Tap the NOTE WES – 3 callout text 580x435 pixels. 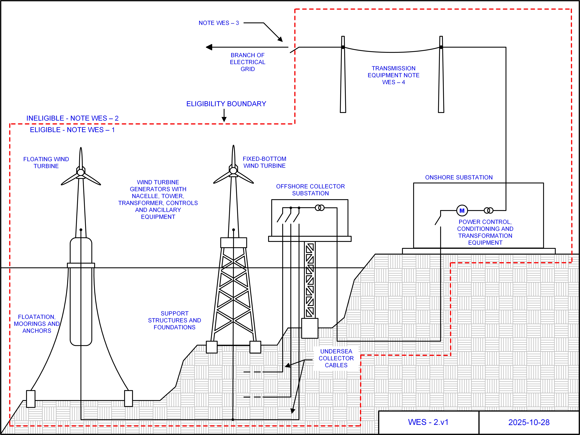click(x=219, y=23)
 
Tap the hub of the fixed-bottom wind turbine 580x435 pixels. click(x=233, y=171)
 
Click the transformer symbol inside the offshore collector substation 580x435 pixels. click(x=320, y=208)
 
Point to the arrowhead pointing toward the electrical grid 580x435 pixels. click(x=209, y=47)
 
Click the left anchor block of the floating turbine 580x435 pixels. click(x=31, y=399)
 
